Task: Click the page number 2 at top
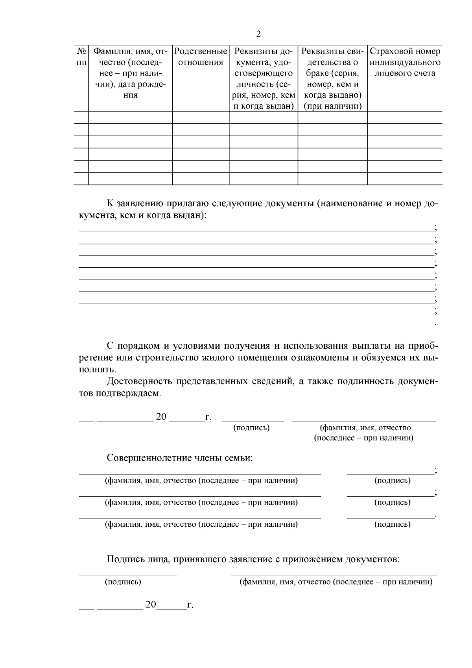pos(258,34)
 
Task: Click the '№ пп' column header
pos(81,57)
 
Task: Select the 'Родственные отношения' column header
pos(201,57)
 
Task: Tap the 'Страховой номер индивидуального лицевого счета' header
pos(405,62)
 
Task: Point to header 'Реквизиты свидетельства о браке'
pos(332,78)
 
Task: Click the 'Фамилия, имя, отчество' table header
pos(130,73)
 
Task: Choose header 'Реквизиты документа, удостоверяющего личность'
pos(264,78)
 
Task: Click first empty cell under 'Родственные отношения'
pos(201,117)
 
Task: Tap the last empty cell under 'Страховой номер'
pos(405,179)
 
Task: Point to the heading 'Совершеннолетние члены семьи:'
pos(180,458)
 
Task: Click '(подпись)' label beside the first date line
pos(251,428)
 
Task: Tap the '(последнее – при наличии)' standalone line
pos(364,438)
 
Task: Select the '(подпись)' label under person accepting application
pos(123,582)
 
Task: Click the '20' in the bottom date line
pos(151,605)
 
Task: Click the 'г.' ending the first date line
pos(208,417)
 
